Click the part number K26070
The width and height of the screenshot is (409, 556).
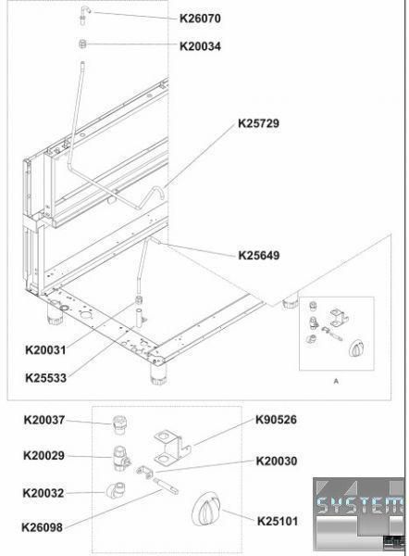point(200,19)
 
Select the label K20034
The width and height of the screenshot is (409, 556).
point(200,46)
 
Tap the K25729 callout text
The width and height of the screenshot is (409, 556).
point(258,123)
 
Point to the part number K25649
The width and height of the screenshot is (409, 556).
point(259,256)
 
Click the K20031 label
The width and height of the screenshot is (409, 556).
point(45,350)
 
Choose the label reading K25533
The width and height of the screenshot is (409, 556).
point(45,378)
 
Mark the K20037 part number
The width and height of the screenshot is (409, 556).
point(44,420)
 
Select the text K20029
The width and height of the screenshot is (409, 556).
point(43,455)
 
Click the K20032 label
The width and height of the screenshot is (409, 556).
point(43,493)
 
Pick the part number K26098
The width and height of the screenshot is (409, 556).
point(43,527)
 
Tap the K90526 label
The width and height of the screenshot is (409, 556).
point(276,420)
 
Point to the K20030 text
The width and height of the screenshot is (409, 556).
point(277,461)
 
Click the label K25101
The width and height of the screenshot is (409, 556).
point(278,521)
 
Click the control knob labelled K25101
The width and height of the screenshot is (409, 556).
point(206,509)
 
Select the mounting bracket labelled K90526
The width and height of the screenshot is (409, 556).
point(172,446)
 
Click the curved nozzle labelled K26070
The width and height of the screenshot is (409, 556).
point(84,15)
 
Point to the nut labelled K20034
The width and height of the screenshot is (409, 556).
point(82,44)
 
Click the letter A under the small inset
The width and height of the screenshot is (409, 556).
point(336,381)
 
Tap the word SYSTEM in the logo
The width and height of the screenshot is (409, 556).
point(360,505)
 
